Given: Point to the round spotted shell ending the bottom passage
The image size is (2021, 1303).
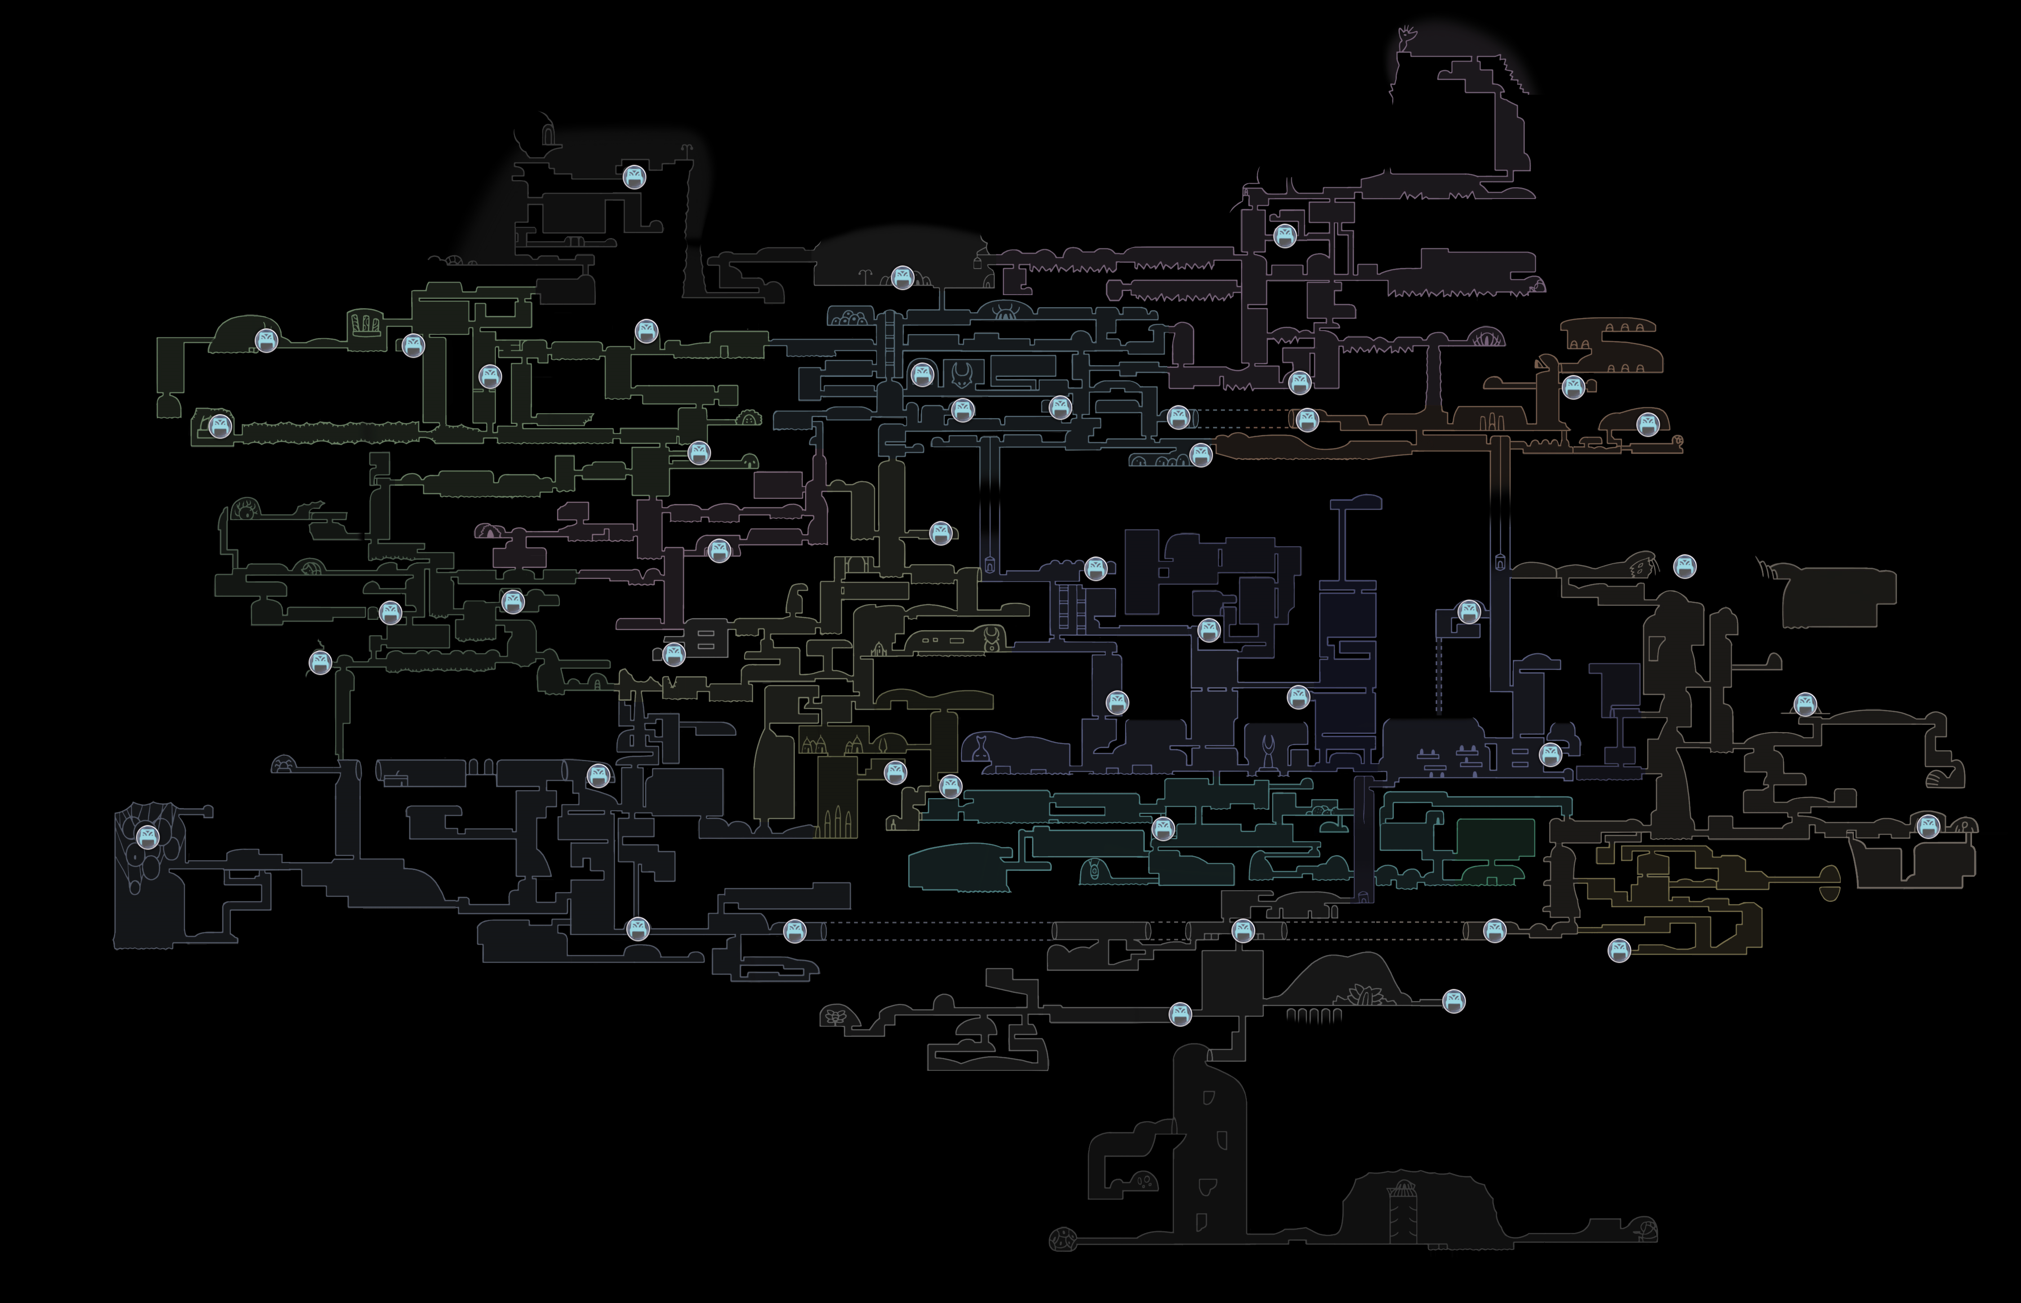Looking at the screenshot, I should click(x=1061, y=1241).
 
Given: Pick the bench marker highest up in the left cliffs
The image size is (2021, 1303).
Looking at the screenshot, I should click(x=634, y=177).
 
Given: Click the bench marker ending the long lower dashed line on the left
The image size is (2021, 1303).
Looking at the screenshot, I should click(x=794, y=932).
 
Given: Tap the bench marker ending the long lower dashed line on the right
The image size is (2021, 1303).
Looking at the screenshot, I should click(x=1494, y=932).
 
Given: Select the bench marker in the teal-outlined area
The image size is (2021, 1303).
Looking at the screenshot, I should click(x=1163, y=829).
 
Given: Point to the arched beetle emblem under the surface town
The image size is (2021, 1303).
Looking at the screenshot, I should click(x=1006, y=311).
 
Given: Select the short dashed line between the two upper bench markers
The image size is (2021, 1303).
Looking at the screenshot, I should click(x=1242, y=412).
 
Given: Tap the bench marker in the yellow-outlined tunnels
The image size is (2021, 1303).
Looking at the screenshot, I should click(x=1618, y=950).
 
